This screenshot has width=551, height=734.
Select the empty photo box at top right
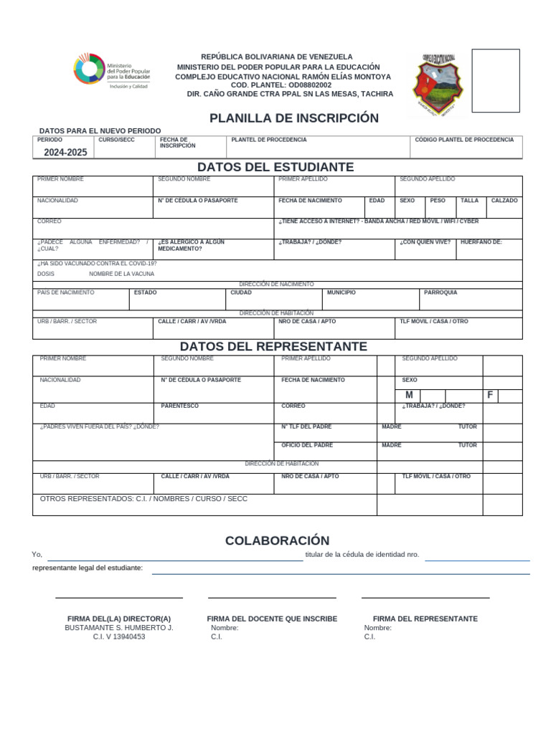[x=495, y=80]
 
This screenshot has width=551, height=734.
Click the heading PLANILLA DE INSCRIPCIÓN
[x=293, y=118]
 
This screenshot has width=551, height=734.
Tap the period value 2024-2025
[x=65, y=153]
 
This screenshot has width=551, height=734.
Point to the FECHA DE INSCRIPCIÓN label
[x=177, y=143]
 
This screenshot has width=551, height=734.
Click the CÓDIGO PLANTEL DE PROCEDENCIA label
[x=464, y=140]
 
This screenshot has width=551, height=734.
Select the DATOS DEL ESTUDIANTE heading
[x=276, y=167]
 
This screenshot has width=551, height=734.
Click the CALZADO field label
[x=504, y=201]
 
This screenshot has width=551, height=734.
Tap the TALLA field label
[x=469, y=201]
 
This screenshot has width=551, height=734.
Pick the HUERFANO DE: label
[x=481, y=242]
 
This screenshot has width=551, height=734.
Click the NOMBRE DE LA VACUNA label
[x=121, y=274]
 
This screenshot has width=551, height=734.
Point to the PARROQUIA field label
[x=441, y=292]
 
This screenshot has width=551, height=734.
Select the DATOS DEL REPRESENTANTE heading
[x=273, y=346]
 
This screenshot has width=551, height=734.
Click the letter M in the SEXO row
[x=409, y=396]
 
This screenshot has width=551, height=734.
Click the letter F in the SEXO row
[x=490, y=396]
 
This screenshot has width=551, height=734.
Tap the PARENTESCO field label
[x=179, y=406]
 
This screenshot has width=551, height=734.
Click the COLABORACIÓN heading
[x=277, y=540]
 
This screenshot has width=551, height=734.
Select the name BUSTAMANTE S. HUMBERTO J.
[x=119, y=627]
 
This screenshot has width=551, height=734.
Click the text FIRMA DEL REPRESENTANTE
[x=425, y=619]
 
